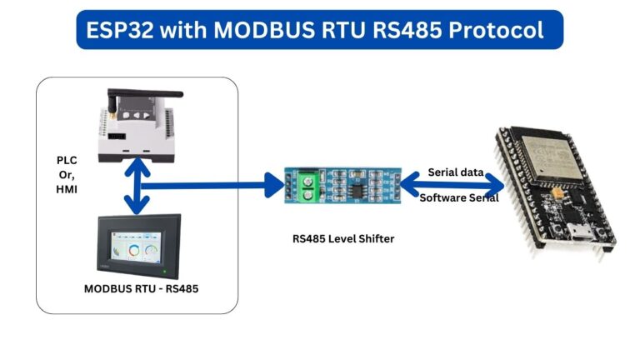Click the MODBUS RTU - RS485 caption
(137, 289)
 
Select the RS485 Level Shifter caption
(342, 238)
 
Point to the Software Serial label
(458, 197)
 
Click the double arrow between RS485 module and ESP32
(454, 185)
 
